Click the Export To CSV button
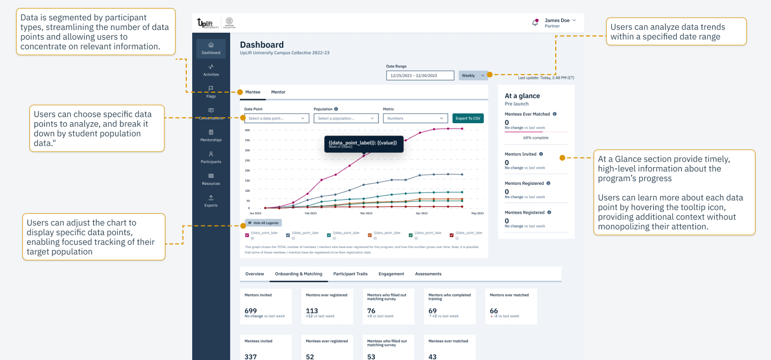[x=468, y=118]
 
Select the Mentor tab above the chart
[x=278, y=92]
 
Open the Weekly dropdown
[x=472, y=76]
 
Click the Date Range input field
[x=420, y=76]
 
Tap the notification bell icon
[x=534, y=22]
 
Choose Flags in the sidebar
[x=211, y=92]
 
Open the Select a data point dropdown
[x=276, y=118]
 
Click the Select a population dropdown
[x=345, y=118]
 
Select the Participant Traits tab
[x=350, y=274]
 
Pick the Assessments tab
[x=428, y=274]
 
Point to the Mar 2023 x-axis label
[x=366, y=213]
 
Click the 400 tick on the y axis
[x=247, y=130]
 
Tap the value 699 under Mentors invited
[x=251, y=311]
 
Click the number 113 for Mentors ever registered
[x=312, y=311]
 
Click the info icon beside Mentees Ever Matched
[x=554, y=114]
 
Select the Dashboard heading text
[x=262, y=45]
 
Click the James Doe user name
[x=557, y=20]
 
